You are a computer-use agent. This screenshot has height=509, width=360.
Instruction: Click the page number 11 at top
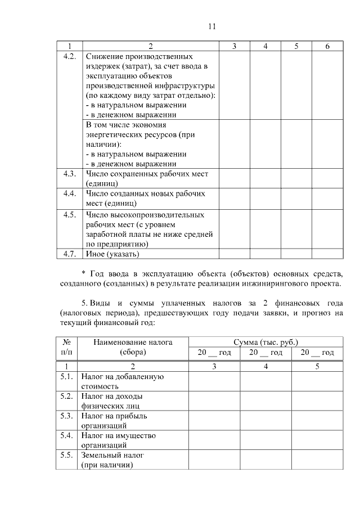tap(212, 26)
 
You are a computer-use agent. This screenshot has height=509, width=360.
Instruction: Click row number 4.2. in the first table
tap(70, 56)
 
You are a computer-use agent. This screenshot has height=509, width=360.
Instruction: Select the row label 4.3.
tap(70, 174)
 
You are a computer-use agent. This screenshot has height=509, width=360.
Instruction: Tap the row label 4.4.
tap(70, 193)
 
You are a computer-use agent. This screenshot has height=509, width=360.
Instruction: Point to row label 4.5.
tap(70, 214)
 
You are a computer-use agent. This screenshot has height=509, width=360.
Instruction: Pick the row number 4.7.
tap(70, 254)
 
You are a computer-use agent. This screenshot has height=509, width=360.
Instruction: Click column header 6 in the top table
tap(327, 46)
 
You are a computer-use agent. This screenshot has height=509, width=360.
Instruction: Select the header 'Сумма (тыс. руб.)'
tap(265, 342)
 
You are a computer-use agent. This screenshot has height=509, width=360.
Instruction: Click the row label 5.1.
tap(66, 377)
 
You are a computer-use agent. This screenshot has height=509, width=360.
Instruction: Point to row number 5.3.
tap(66, 416)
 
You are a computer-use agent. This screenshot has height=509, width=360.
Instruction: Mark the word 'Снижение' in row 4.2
tap(106, 56)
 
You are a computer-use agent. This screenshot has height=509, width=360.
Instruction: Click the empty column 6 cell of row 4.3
tap(327, 178)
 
